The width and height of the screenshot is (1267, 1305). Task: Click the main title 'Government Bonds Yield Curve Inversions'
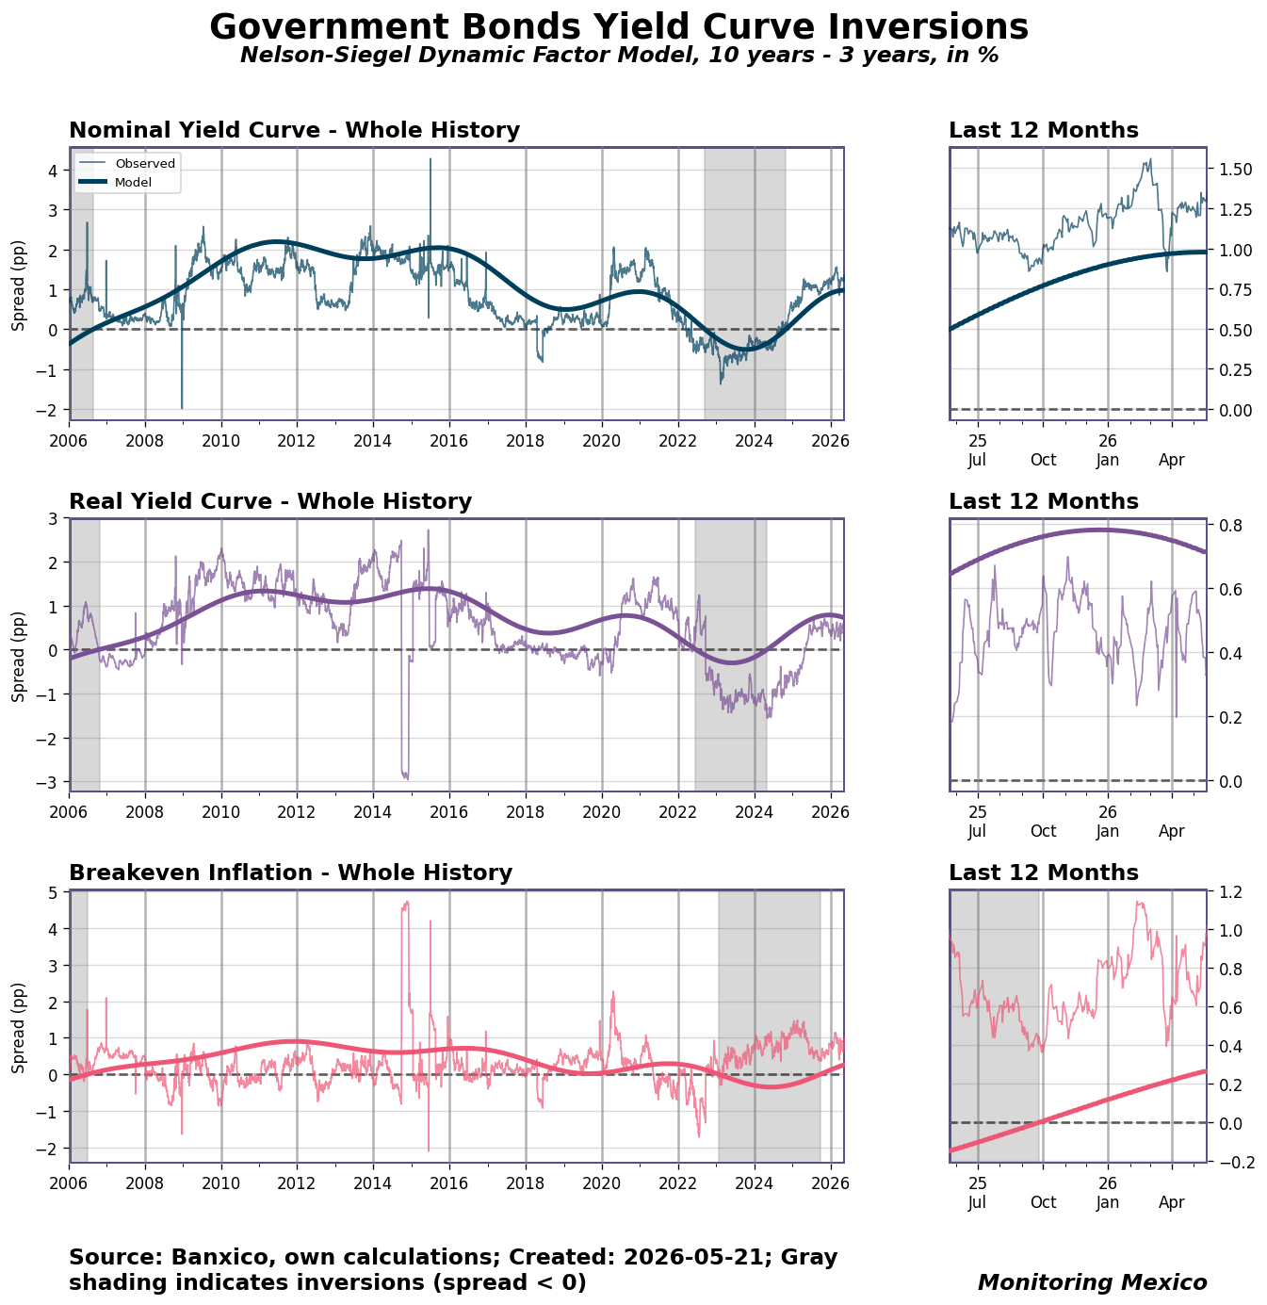point(618,27)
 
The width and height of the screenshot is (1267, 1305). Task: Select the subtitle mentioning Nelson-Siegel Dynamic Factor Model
point(619,55)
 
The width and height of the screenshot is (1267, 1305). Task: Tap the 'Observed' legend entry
point(145,164)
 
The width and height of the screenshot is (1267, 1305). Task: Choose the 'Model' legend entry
point(133,183)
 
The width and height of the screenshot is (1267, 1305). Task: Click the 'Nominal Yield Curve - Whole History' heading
point(294,130)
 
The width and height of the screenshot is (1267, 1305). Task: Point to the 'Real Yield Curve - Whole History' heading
point(270,501)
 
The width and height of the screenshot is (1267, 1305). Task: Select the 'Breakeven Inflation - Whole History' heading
point(290,873)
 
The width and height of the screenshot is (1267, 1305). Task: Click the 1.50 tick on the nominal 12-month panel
point(1235,170)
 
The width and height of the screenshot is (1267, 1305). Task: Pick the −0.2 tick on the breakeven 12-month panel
point(1236,1163)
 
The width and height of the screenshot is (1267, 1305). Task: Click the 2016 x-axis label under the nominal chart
point(448,441)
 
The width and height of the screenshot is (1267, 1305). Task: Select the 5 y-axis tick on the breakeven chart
point(57,893)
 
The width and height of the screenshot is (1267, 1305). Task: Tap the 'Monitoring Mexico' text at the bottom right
point(1092,1282)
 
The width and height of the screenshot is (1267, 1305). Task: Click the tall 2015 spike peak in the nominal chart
point(430,159)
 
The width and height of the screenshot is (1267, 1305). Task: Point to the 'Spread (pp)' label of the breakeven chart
point(18,1028)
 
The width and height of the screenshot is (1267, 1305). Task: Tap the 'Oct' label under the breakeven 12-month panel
point(1043,1202)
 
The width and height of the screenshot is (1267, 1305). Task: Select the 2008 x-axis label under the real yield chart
point(145,812)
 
